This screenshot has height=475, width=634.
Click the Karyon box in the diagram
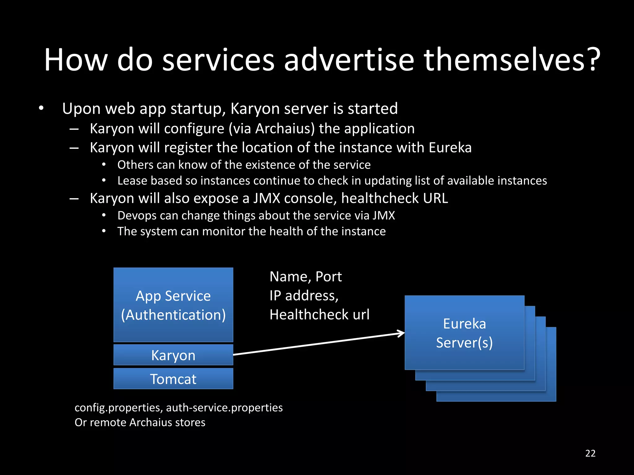(173, 355)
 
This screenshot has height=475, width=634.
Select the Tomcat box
(173, 379)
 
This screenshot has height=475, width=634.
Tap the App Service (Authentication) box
(173, 305)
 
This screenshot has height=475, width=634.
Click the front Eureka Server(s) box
(464, 333)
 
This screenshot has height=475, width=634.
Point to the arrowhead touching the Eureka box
(402, 333)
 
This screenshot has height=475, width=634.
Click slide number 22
(590, 453)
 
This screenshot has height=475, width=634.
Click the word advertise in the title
(349, 60)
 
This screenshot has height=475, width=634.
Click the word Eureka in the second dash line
(450, 148)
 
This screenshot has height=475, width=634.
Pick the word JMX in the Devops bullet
(384, 216)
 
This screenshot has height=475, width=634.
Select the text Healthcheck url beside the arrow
(319, 315)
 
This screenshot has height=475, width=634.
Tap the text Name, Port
(305, 276)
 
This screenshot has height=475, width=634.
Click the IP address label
(304, 296)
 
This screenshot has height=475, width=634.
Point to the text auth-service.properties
(224, 408)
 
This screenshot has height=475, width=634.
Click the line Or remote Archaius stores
(140, 422)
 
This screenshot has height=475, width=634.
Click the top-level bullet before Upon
(41, 109)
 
